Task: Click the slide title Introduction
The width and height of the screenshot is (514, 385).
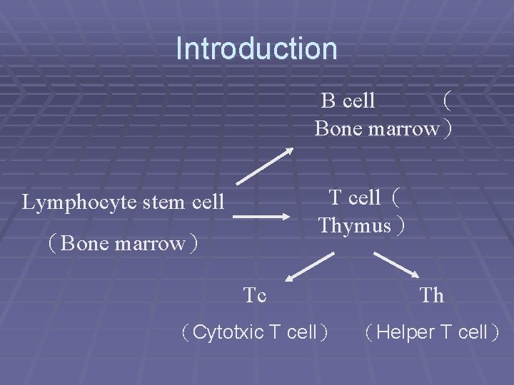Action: point(256,49)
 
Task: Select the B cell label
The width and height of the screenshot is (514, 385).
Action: point(348,101)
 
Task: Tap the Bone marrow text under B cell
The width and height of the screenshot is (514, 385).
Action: point(376,129)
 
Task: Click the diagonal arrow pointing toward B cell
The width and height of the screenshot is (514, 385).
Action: point(264,165)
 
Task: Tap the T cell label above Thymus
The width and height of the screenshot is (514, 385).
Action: point(355,197)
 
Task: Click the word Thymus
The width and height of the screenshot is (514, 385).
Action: point(355,226)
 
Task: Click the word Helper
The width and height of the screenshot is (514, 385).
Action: point(400,332)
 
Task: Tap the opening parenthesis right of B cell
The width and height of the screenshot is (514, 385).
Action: point(446,101)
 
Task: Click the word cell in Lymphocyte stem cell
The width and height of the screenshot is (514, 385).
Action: point(208,202)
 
